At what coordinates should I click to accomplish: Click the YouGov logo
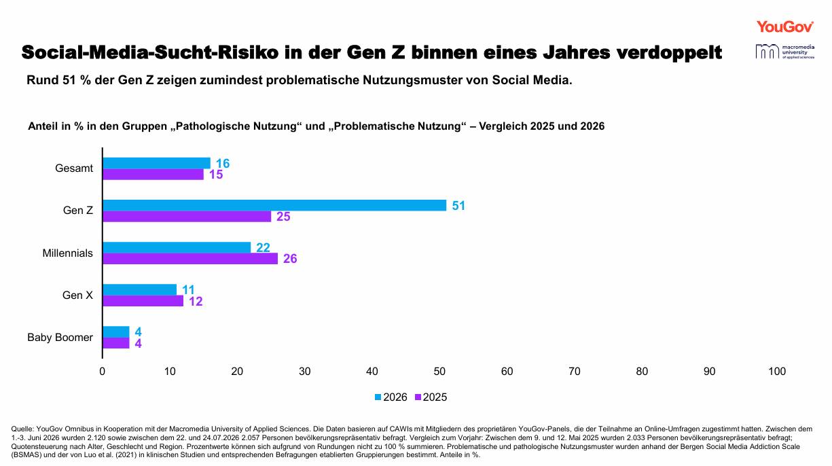785,26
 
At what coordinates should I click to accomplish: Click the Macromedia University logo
785,52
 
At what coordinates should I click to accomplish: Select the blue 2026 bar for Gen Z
274,205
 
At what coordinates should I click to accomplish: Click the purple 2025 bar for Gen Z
187,216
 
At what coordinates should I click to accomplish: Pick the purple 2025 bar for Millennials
190,259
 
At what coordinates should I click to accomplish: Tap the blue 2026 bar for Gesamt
156,163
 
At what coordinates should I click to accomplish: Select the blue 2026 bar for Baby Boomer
116,332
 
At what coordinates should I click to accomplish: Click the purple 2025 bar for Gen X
143,301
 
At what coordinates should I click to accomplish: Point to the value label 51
458,206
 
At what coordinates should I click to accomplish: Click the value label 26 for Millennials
290,259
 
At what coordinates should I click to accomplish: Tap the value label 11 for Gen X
188,290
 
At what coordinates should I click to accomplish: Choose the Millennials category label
68,253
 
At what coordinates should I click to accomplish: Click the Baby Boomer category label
60,338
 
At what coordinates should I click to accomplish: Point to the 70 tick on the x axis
574,372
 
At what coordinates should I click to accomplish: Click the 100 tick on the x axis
777,372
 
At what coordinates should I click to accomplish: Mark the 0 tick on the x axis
102,372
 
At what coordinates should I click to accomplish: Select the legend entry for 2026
391,397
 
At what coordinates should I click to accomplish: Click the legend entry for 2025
431,397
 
